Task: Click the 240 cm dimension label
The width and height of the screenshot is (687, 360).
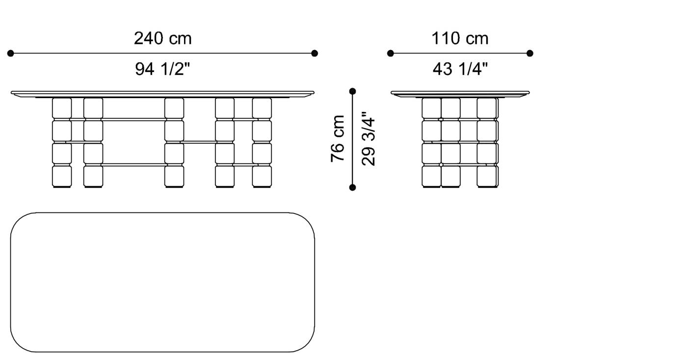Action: point(162,38)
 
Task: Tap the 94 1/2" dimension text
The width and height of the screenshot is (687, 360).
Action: point(162,70)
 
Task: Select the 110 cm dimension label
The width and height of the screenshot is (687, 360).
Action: point(460,38)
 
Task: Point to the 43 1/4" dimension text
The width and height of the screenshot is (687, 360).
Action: point(460,70)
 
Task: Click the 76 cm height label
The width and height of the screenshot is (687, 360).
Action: point(338,139)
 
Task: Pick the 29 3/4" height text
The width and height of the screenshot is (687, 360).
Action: point(369,141)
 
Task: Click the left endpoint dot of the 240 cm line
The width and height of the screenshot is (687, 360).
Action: point(11,53)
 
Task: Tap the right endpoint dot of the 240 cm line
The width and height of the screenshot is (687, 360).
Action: point(315,53)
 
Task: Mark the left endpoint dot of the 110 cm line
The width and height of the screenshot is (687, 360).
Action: point(391,53)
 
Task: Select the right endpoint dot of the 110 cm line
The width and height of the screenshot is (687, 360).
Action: point(530,53)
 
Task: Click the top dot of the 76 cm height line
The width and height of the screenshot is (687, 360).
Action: point(352,91)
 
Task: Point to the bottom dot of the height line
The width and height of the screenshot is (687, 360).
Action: point(352,187)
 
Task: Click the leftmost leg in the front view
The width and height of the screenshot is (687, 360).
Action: point(62,142)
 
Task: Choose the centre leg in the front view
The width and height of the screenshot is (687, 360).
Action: point(174,142)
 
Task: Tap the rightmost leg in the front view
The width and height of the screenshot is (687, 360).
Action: point(262,142)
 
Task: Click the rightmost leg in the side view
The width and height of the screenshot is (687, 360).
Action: point(487,142)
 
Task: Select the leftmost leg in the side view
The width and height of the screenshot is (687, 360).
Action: point(431,142)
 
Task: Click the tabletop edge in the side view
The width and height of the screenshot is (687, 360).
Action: point(460,93)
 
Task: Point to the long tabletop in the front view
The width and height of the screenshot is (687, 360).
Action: point(162,93)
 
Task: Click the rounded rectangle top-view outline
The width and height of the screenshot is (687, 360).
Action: point(162,282)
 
